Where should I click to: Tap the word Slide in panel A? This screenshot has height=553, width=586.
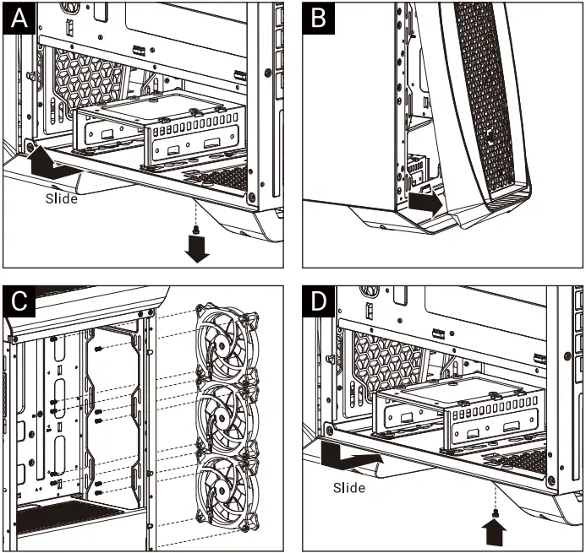tap(61, 198)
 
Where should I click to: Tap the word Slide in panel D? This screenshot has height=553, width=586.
tap(348, 487)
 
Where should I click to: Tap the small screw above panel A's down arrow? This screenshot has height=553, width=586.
tap(197, 229)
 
